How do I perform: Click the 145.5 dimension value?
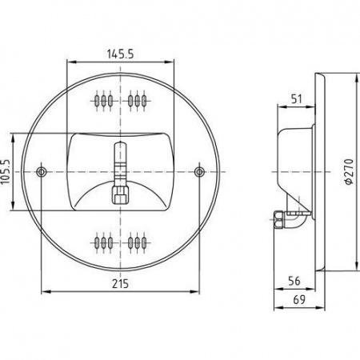point(120,54)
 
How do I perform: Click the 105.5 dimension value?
point(6,172)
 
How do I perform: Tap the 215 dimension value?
point(120,284)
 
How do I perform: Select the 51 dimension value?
point(296,99)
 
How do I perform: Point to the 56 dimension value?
point(294,281)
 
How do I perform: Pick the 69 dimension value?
point(299,300)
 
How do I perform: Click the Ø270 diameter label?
point(349,172)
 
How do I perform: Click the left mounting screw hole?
point(41,172)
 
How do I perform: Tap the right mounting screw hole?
point(199,172)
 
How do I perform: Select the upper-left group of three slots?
point(103,101)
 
